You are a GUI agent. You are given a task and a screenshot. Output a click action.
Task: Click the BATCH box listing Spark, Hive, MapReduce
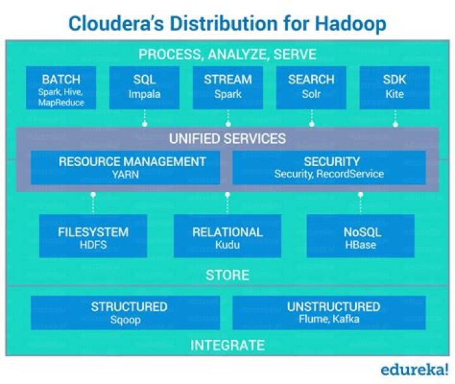pos(61,89)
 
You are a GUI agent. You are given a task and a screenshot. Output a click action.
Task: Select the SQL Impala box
pos(144,88)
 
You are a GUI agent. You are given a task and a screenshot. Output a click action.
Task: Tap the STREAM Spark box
pos(227,88)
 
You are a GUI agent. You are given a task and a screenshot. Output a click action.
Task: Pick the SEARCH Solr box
pos(311,88)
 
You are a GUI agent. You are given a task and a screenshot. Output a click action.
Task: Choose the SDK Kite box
pos(395,88)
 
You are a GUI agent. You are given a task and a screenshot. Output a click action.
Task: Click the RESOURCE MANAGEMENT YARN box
pos(132,167)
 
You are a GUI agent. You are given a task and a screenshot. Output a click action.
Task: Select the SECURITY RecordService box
pos(329,167)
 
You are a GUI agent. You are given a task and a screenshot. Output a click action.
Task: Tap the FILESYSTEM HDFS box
pos(93,237)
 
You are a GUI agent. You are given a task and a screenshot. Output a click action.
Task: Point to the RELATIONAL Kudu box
pos(227,237)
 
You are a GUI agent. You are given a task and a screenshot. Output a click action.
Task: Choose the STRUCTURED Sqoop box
pos(129,313)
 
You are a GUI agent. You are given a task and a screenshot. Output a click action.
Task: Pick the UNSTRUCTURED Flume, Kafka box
pos(329,313)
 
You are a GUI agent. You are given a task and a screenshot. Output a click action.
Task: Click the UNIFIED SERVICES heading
pos(227,138)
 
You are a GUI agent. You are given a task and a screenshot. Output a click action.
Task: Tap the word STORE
pos(227,275)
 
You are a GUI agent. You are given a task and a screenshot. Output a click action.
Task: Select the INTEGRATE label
pos(227,345)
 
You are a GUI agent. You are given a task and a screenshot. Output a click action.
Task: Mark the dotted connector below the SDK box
pos(395,117)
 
